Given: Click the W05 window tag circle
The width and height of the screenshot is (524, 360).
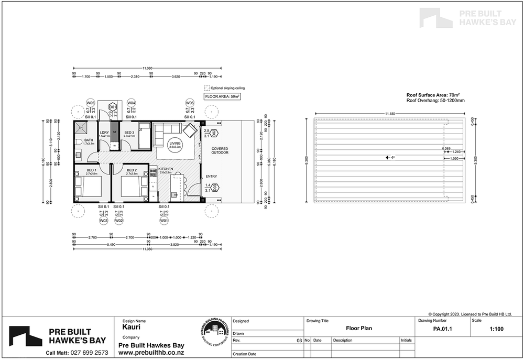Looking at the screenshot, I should [91, 103].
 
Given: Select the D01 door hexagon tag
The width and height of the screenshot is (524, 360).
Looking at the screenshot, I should [112, 107].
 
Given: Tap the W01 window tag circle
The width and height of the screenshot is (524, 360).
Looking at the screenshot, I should [164, 221].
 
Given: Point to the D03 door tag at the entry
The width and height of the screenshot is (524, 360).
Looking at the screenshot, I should [215, 189].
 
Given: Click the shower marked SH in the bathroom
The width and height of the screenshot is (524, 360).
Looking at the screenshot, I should [81, 127].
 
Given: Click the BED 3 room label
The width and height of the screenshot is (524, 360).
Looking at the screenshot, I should [129, 132].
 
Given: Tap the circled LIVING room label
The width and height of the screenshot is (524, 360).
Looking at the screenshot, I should [176, 145].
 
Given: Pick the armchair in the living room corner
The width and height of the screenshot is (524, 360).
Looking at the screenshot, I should [189, 129].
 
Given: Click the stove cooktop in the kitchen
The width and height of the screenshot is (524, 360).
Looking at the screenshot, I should [154, 172].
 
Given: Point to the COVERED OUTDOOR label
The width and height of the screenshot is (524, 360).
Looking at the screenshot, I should [220, 150].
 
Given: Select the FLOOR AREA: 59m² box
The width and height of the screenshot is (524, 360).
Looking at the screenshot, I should [222, 97].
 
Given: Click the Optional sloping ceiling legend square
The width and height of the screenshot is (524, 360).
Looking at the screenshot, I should [207, 88].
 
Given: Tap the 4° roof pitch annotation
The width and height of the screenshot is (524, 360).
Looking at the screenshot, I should [388, 157].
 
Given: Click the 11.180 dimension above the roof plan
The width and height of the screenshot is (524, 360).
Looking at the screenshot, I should [390, 113].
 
